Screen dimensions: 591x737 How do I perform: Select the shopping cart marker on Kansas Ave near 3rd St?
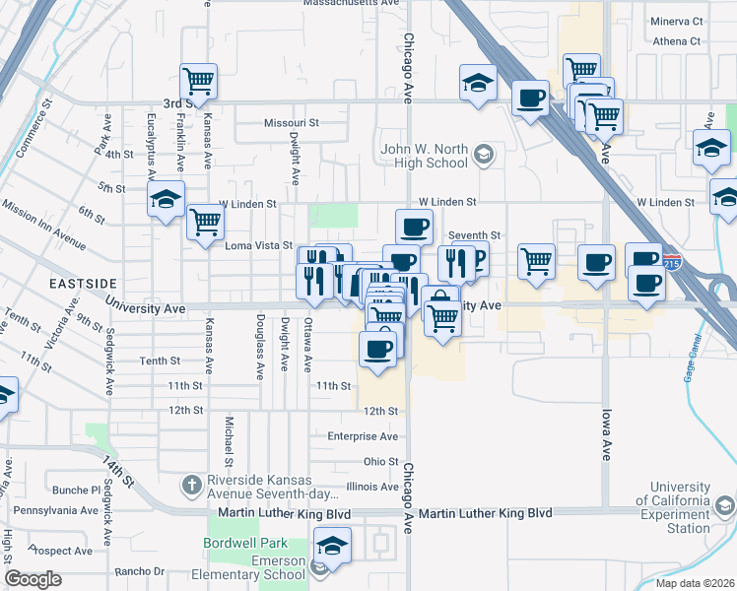pos(198,82)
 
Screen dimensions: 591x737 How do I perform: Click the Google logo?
pos(33,579)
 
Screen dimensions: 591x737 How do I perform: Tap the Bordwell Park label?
pos(245,543)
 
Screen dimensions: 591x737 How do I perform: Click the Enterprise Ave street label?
pos(363,435)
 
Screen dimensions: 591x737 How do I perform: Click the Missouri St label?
pos(292,123)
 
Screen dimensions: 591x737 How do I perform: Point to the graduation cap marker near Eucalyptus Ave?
pos(167,200)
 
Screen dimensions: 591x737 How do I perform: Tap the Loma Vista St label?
pos(259,245)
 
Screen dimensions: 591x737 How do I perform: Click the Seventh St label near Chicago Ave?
pos(475,235)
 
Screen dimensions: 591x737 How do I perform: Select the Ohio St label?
pos(380,461)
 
